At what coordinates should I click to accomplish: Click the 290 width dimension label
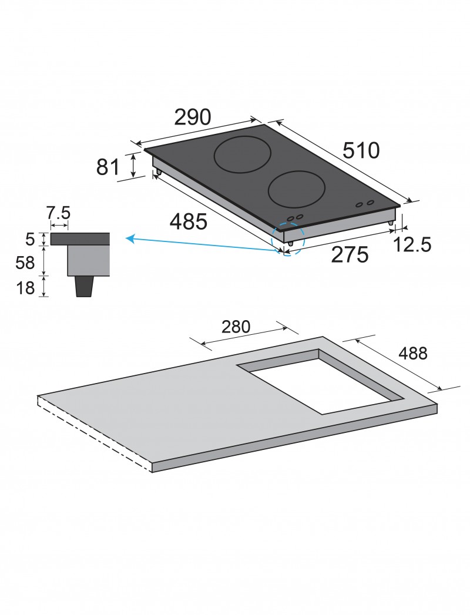(193, 117)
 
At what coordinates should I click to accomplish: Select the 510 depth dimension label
(361, 150)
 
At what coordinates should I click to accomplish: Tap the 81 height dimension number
(108, 167)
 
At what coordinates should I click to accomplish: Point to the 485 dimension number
(189, 222)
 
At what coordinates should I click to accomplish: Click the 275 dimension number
(350, 255)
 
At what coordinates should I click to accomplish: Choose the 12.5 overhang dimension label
(412, 245)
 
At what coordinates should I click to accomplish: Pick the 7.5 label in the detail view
(58, 213)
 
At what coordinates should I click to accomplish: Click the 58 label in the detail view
(25, 263)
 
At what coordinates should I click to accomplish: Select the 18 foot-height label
(25, 288)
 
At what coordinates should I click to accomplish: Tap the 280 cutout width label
(236, 327)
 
